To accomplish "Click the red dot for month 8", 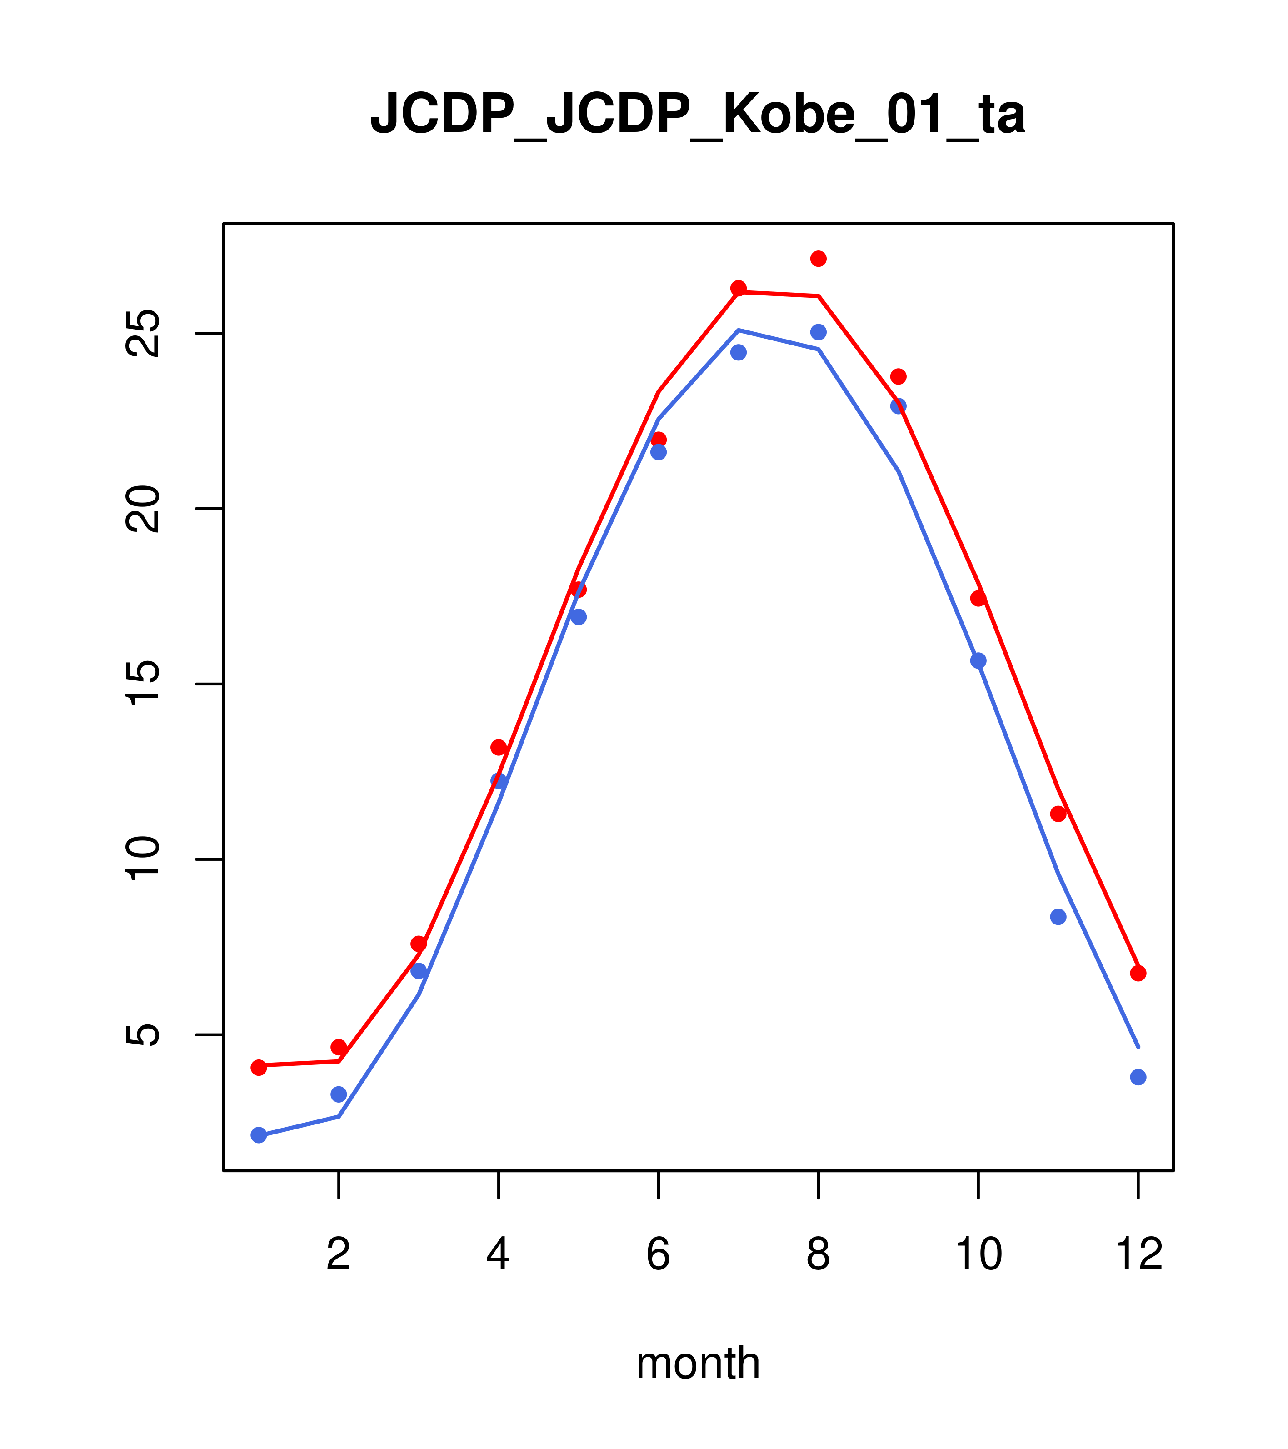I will [818, 259].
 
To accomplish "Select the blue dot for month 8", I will [818, 332].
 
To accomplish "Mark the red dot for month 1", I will [259, 1068].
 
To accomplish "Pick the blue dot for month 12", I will [1138, 1078].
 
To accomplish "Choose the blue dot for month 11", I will [1058, 917].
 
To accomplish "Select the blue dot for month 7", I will [739, 352].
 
